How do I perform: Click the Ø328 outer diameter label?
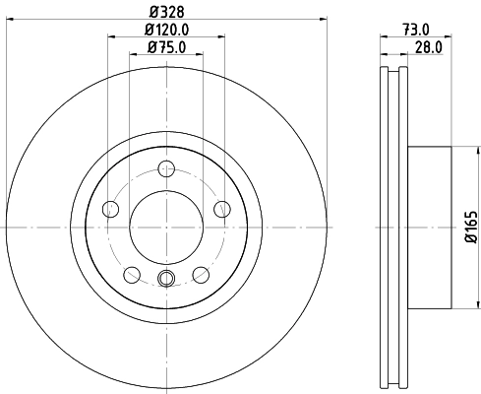click(x=165, y=12)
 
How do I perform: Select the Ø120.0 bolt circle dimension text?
click(x=165, y=30)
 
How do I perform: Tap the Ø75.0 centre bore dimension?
click(x=165, y=47)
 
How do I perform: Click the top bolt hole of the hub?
click(x=166, y=167)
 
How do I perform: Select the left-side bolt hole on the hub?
click(x=110, y=208)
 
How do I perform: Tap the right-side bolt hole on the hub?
click(x=222, y=208)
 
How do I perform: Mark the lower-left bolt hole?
click(x=131, y=274)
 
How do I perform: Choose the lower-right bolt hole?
click(x=201, y=274)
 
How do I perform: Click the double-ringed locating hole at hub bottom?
click(x=166, y=279)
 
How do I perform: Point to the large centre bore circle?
click(x=166, y=227)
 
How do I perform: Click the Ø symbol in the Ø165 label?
click(x=470, y=239)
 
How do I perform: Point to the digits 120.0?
click(x=171, y=30)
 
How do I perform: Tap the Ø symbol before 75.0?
click(x=150, y=47)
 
